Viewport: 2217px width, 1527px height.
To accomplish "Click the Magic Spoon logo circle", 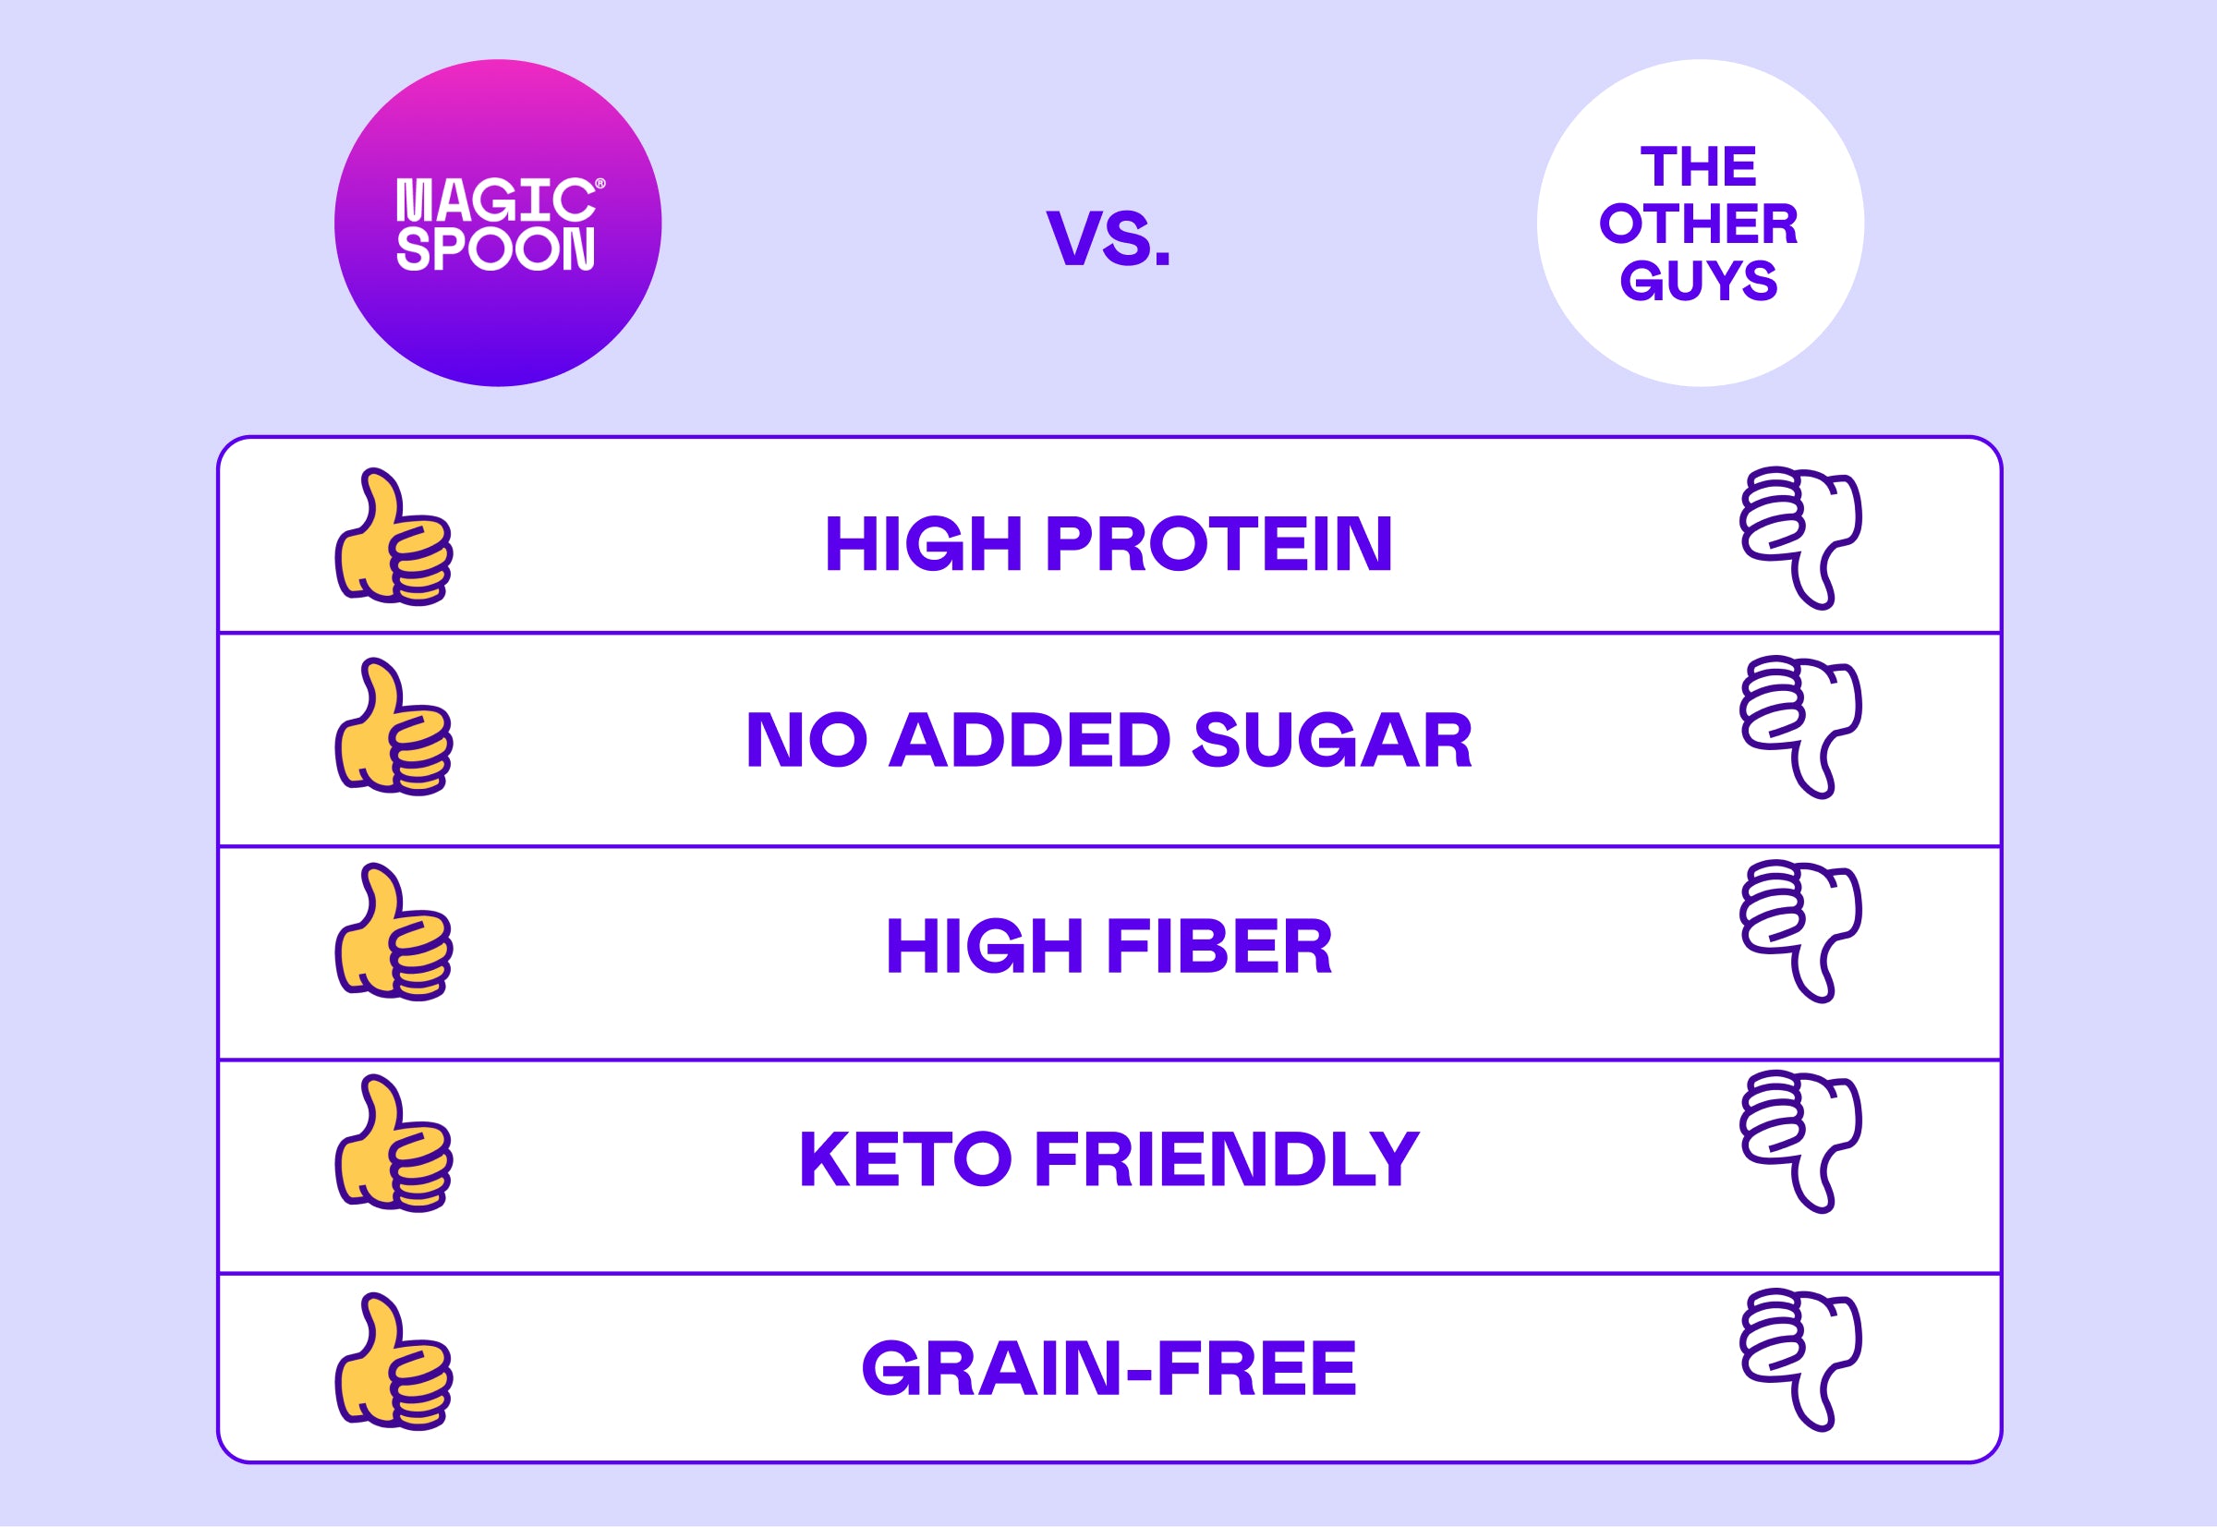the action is [498, 223].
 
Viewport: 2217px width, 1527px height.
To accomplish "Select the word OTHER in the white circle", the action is [1699, 224].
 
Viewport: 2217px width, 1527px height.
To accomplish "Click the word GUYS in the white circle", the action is [1699, 280].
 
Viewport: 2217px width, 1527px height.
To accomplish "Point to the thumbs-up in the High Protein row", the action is [394, 537].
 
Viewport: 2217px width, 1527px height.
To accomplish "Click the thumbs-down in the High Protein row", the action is [1800, 537].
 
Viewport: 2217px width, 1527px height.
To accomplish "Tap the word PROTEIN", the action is [1218, 543].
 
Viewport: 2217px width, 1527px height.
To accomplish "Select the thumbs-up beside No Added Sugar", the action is [394, 727].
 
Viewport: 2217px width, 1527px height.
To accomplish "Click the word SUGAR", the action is [1332, 740].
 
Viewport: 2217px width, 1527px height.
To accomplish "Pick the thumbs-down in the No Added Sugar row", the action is [1800, 727].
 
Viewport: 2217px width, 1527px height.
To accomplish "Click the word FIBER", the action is [1219, 946].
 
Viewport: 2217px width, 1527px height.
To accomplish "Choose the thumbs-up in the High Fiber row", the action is [394, 933].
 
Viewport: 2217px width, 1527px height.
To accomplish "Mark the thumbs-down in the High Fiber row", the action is [1800, 932].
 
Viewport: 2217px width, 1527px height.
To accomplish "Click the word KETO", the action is [904, 1158].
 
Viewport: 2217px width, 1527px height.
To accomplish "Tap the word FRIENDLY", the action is [1227, 1158].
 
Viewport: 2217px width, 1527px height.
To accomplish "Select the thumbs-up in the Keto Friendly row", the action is [394, 1144].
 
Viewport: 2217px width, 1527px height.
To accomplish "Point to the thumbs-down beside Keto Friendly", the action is [1800, 1143].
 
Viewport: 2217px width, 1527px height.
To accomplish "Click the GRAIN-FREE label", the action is [1109, 1367].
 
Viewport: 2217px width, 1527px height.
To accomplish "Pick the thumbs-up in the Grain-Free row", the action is [394, 1363].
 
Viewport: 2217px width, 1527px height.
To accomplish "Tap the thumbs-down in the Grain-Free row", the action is [1800, 1362].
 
